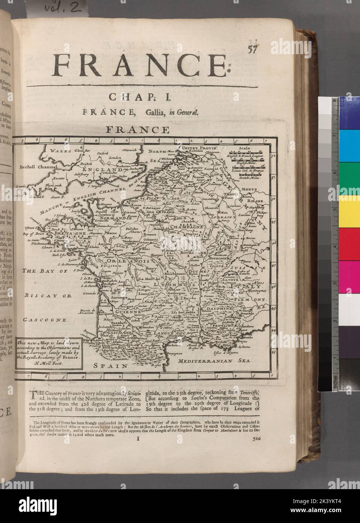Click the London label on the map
(114, 158)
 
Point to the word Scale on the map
(244, 148)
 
